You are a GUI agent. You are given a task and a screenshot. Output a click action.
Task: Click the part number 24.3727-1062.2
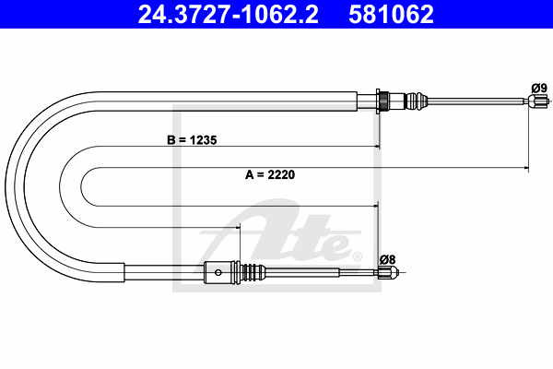228,14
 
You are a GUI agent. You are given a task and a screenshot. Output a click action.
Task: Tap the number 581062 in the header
391,14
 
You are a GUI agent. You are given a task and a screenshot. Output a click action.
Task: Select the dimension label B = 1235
192,140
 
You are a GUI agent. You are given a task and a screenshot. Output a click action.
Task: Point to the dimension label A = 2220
270,174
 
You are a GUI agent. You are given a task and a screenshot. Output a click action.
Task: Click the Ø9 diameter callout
539,88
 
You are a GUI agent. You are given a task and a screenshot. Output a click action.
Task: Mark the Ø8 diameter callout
388,259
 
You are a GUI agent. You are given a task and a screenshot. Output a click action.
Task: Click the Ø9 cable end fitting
538,101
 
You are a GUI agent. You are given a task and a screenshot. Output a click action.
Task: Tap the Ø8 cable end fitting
388,272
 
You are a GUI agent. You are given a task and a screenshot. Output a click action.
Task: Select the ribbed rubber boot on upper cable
417,101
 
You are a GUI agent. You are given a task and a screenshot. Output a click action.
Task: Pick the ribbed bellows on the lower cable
253,272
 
